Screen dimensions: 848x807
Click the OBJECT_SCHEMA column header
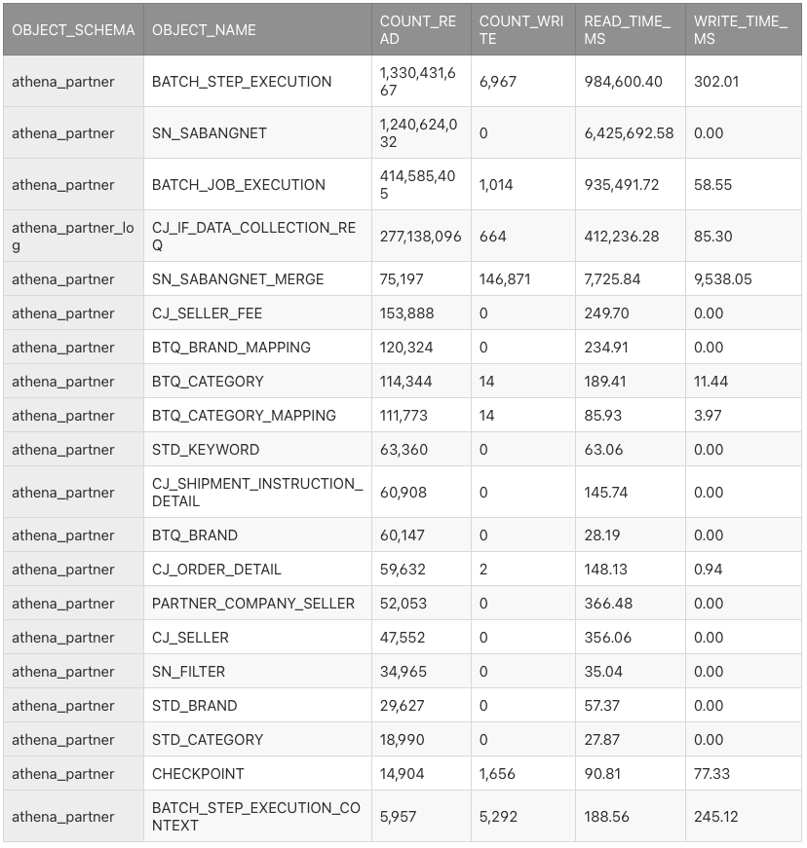[x=73, y=30]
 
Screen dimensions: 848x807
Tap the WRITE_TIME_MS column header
[x=740, y=30]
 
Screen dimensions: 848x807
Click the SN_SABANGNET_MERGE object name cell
[x=238, y=279]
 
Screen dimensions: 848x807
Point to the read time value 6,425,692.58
[x=629, y=133]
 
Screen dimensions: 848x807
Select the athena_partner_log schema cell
[x=73, y=237]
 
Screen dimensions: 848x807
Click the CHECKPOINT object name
[x=198, y=774]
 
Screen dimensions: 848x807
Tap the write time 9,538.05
[x=723, y=279]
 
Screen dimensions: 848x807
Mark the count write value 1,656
[x=497, y=774]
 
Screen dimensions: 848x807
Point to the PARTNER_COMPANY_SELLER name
[x=253, y=604]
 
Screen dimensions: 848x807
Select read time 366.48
[x=608, y=604]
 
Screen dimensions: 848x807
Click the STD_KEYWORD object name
[x=206, y=450]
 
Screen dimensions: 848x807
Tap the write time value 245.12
[x=716, y=817]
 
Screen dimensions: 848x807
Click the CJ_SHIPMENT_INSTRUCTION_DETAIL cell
[x=257, y=493]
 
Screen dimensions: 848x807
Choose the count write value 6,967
[x=498, y=82]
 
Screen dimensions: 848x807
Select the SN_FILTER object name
[x=188, y=672]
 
